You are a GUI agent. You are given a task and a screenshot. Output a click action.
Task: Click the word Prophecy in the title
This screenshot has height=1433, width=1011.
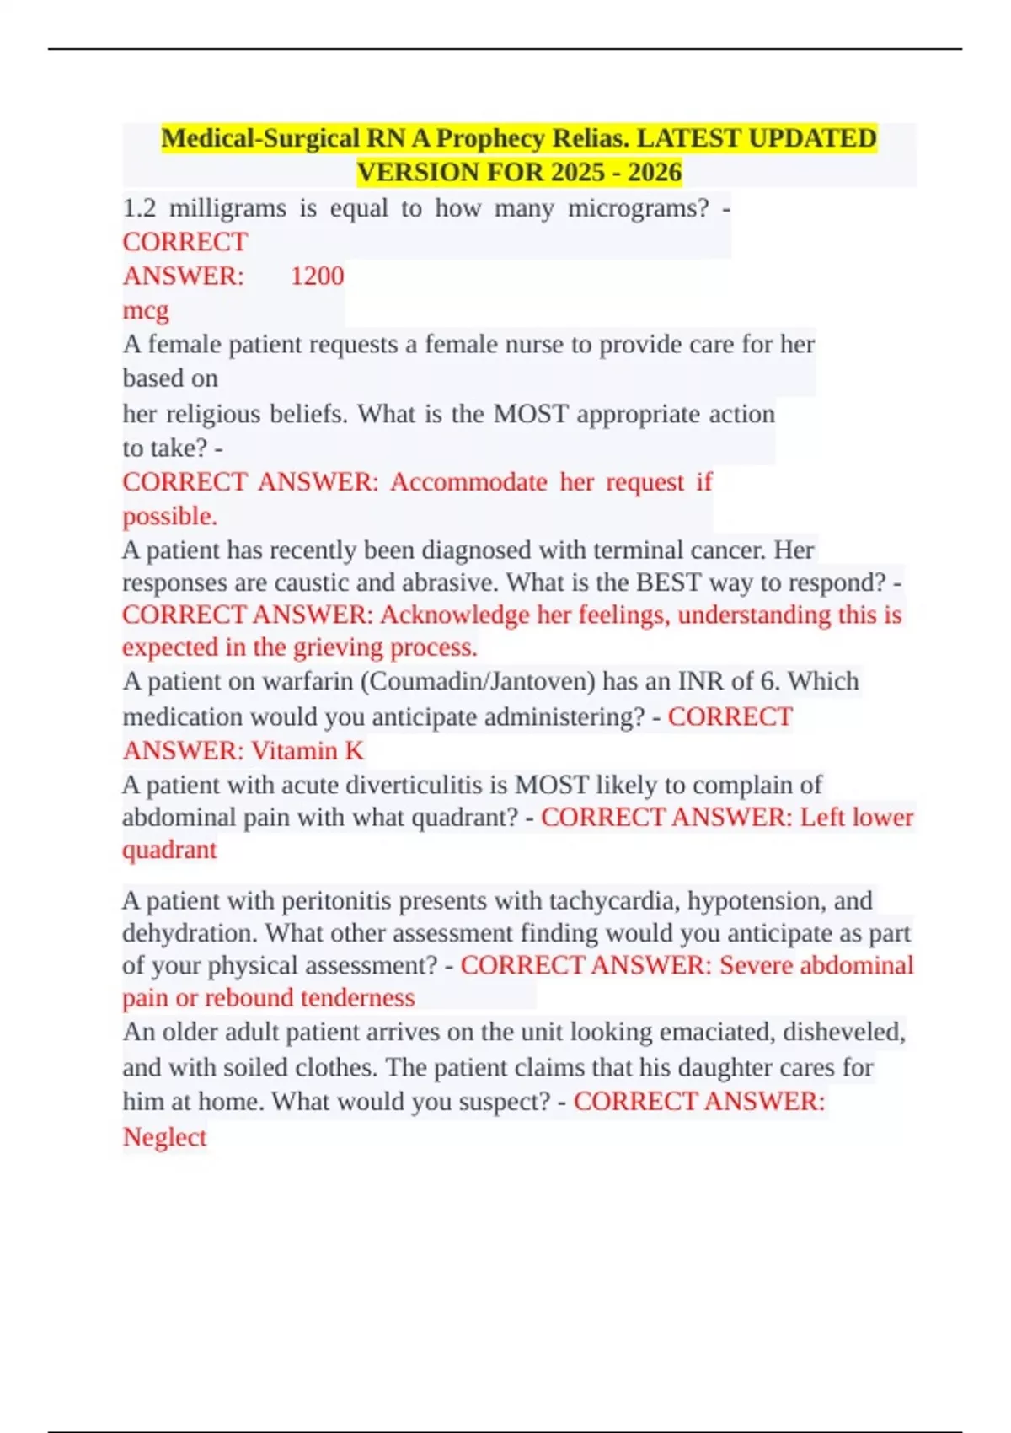click(489, 137)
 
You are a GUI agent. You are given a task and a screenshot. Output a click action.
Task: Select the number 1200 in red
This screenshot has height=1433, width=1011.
click(317, 276)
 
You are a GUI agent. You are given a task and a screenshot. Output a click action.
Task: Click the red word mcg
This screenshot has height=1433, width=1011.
click(146, 310)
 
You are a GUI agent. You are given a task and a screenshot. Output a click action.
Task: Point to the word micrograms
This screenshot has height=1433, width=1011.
click(639, 208)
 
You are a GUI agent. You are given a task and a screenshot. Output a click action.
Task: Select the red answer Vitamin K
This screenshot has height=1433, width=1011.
click(308, 750)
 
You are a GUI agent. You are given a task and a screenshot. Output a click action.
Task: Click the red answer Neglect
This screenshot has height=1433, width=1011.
click(164, 1137)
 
